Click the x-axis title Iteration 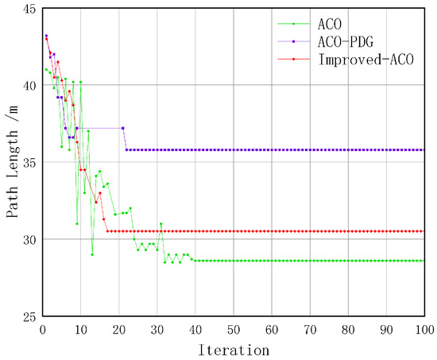(x=233, y=348)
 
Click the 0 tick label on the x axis (x=42, y=328)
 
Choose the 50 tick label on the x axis (x=233, y=328)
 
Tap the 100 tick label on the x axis (x=423, y=328)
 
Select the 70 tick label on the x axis (x=309, y=328)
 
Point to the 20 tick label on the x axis (x=118, y=328)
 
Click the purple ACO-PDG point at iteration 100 (x=423, y=149)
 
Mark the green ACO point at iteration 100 (x=423, y=261)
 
